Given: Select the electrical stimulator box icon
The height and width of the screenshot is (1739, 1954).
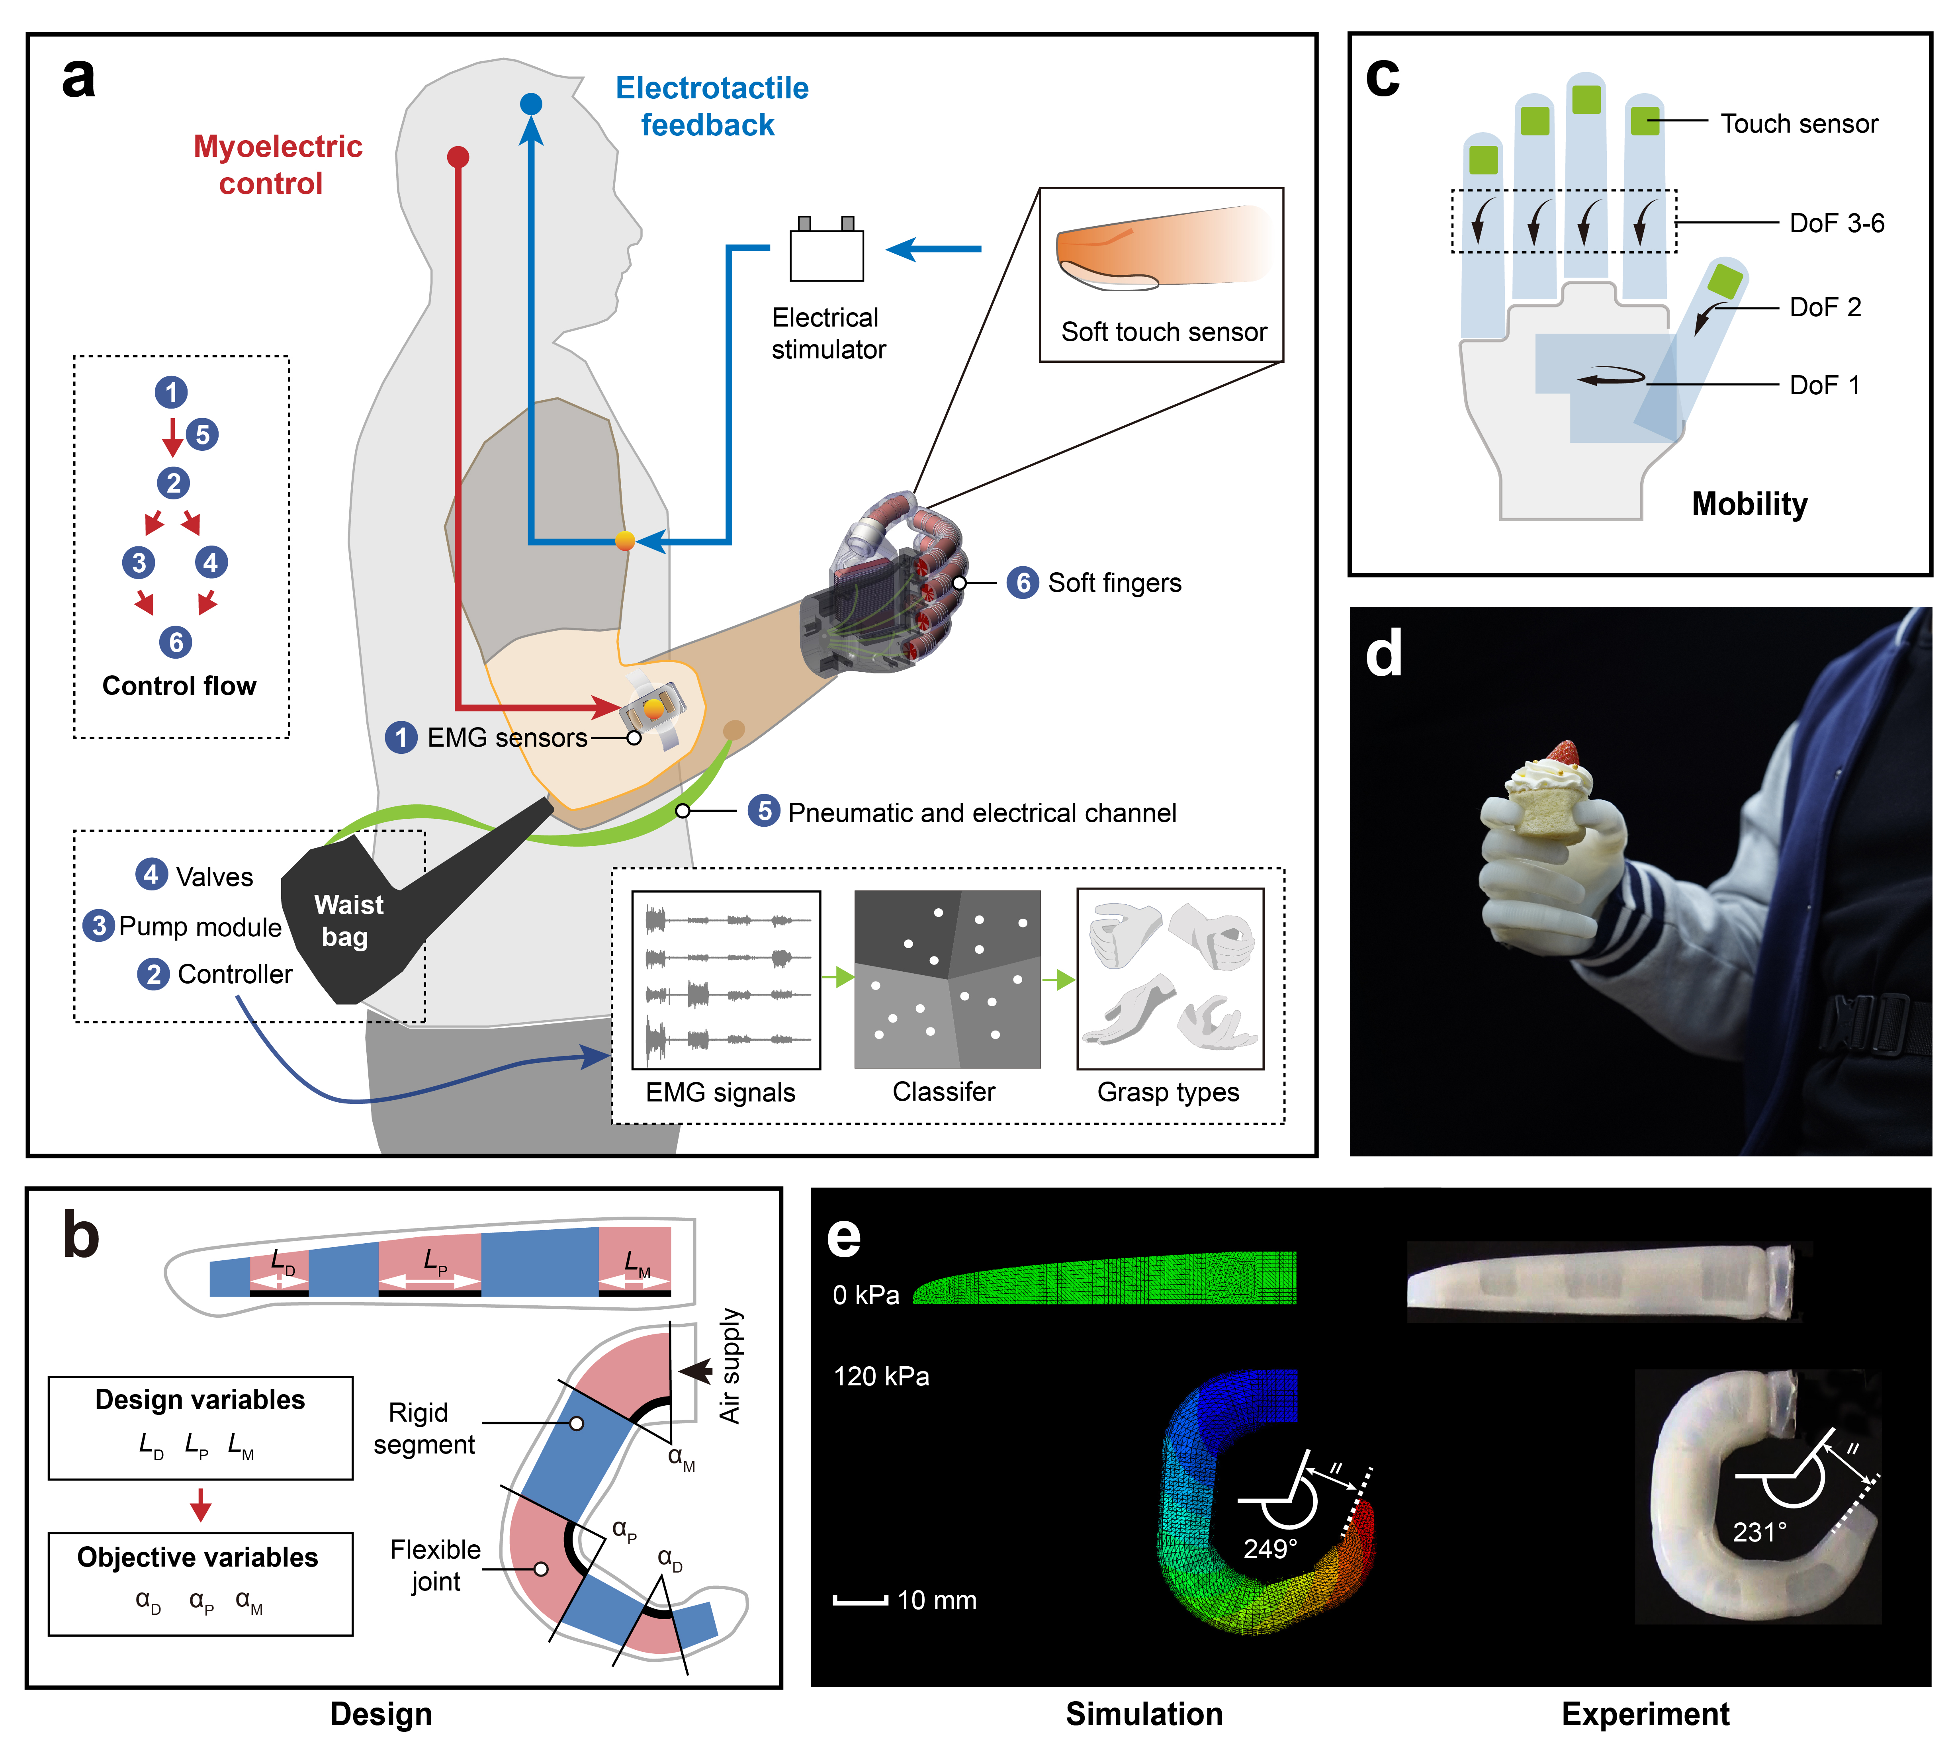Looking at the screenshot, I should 826,252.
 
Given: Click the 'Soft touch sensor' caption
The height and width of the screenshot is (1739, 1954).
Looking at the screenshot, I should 1164,332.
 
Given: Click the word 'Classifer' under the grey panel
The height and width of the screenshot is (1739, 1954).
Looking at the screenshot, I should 943,1092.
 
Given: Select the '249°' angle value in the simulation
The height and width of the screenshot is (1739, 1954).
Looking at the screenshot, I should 1269,1549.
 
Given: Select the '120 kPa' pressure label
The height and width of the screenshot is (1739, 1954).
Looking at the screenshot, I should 880,1377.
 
